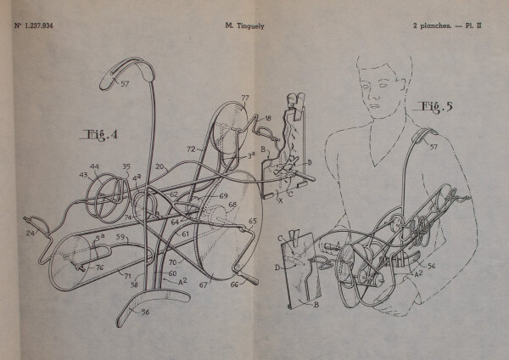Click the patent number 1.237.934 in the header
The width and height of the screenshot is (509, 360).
point(37,25)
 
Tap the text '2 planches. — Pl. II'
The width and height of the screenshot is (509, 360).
point(454,25)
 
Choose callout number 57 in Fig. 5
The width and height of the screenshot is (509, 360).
point(432,147)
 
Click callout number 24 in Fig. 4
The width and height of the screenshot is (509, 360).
point(31,231)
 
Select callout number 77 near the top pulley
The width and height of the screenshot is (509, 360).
point(244,99)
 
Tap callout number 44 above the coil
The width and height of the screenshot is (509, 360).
point(94,167)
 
